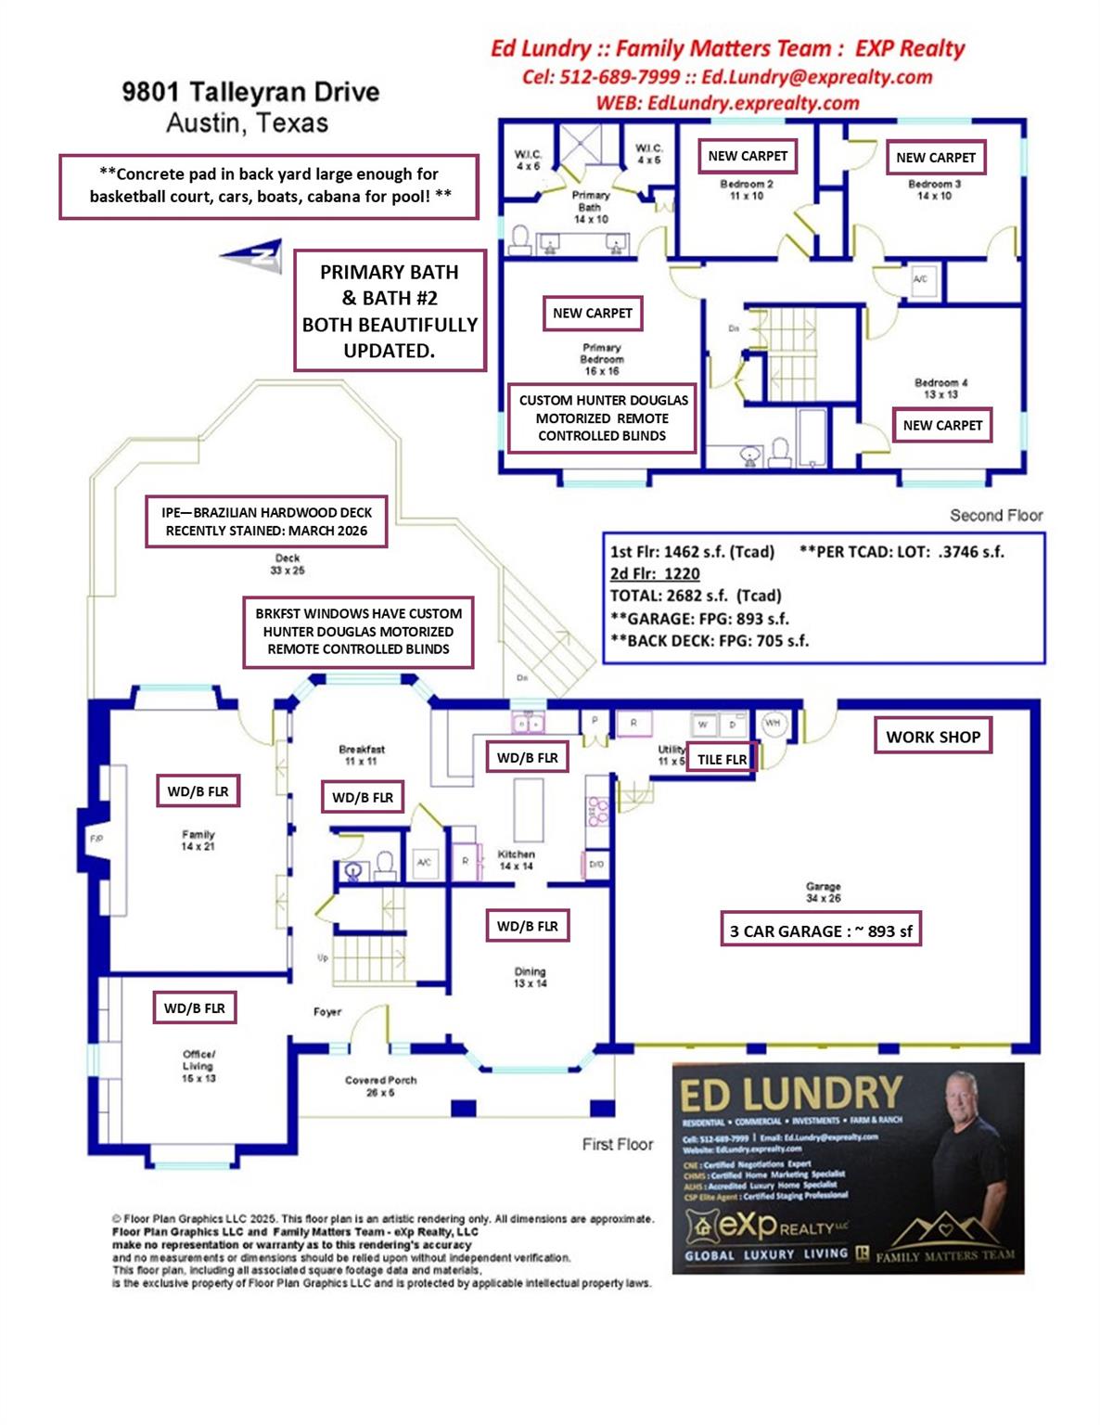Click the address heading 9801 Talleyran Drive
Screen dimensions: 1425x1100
tap(250, 92)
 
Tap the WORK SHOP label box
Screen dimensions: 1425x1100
tap(932, 737)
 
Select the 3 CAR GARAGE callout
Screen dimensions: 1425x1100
tap(821, 931)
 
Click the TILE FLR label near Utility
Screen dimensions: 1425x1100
tap(722, 759)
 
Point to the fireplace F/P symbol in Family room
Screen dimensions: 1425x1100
tap(96, 839)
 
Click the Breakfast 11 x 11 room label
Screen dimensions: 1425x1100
tap(362, 754)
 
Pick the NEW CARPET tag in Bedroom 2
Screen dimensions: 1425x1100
tap(748, 156)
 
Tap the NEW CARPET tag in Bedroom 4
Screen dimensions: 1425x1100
tap(942, 425)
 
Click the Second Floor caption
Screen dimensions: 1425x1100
tap(996, 515)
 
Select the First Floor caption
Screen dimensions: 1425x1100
tap(618, 1144)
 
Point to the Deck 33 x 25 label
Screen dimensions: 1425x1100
tap(288, 564)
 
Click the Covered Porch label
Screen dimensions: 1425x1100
tap(380, 1085)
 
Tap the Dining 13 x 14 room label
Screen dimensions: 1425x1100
tap(531, 977)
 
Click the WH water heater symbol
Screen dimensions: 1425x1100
tap(774, 723)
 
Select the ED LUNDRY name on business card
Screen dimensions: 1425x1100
tap(790, 1095)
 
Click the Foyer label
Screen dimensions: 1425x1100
tap(327, 1011)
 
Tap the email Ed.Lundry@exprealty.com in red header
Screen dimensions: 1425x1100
tap(816, 77)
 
